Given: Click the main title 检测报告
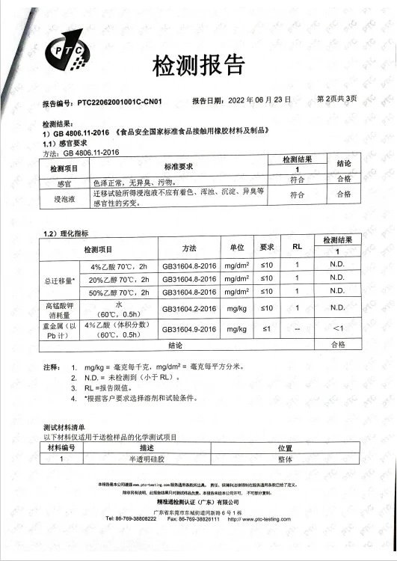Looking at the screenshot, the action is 199,67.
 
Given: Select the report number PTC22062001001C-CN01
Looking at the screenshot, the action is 120,101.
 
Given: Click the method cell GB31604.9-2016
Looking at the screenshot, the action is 188,328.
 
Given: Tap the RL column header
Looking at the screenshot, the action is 296,245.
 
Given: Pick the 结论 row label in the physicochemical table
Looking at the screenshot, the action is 176,345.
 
